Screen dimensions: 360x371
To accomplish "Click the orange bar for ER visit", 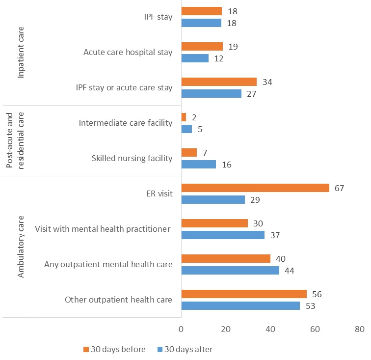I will click(x=255, y=188).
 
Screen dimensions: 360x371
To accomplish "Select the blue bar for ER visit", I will click(x=213, y=199).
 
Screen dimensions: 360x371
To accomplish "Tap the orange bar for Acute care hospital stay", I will click(x=202, y=46).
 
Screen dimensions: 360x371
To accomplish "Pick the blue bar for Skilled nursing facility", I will click(x=199, y=164).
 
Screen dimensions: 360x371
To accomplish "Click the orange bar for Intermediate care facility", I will click(x=184, y=117).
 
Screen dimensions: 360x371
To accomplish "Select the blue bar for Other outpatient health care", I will click(x=240, y=305).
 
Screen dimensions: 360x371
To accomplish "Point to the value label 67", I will click(x=339, y=188).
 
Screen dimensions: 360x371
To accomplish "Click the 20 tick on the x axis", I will click(x=226, y=329).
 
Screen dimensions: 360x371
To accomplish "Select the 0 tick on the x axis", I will click(x=181, y=329).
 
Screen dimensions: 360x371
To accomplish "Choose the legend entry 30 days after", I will click(x=185, y=349).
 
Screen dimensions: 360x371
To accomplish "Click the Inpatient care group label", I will click(x=21, y=53).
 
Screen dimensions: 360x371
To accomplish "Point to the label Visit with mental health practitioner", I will click(x=103, y=229).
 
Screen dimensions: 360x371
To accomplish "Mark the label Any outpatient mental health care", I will click(x=108, y=264).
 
